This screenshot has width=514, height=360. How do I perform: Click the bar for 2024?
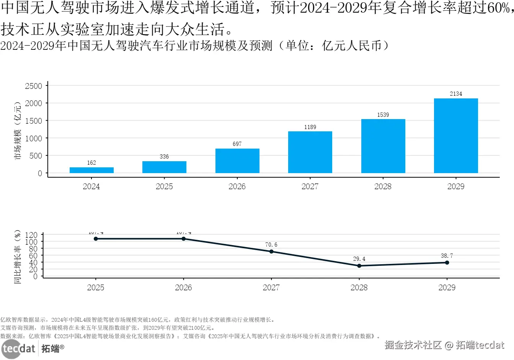tap(91, 170)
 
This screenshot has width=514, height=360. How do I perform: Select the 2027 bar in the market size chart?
tap(310, 152)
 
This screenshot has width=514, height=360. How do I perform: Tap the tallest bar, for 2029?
tap(456, 136)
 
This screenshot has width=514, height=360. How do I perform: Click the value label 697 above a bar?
tap(237, 144)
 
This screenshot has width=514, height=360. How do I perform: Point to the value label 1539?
tap(383, 115)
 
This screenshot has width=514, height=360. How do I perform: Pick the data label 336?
tap(164, 157)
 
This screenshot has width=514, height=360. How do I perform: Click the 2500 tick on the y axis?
tap(34, 86)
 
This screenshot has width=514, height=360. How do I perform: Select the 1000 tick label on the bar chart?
tap(34, 139)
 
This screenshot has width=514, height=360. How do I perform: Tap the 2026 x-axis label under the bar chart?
tap(237, 187)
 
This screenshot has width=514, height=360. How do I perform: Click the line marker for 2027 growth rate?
tap(271, 252)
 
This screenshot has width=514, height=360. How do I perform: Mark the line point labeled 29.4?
tap(359, 266)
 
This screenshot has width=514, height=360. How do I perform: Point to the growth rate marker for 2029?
tap(447, 263)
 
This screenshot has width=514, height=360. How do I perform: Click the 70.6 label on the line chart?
tap(271, 245)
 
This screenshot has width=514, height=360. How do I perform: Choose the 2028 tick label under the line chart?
tap(359, 288)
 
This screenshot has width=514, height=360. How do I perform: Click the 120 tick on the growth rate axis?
tap(31, 235)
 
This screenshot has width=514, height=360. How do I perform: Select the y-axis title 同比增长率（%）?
tap(17, 257)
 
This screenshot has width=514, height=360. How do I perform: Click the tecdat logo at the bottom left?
tap(18, 349)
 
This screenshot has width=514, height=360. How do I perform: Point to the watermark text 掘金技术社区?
tap(413, 345)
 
